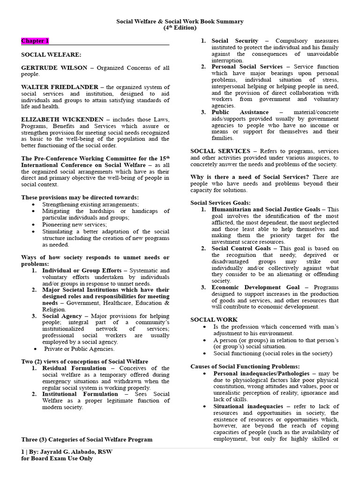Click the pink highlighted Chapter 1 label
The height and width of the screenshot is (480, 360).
[35, 41]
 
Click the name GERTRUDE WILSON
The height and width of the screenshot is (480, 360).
[54, 68]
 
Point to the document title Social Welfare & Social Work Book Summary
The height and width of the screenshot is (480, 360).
[180, 22]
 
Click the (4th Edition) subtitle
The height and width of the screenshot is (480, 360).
[180, 28]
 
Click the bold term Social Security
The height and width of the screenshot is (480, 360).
[235, 41]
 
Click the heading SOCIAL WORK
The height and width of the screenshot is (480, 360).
[207, 320]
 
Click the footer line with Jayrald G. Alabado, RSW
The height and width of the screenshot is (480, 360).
[67, 452]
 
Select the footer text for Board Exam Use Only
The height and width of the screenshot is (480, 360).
[57, 458]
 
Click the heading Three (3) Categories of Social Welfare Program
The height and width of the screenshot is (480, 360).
[87, 440]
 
